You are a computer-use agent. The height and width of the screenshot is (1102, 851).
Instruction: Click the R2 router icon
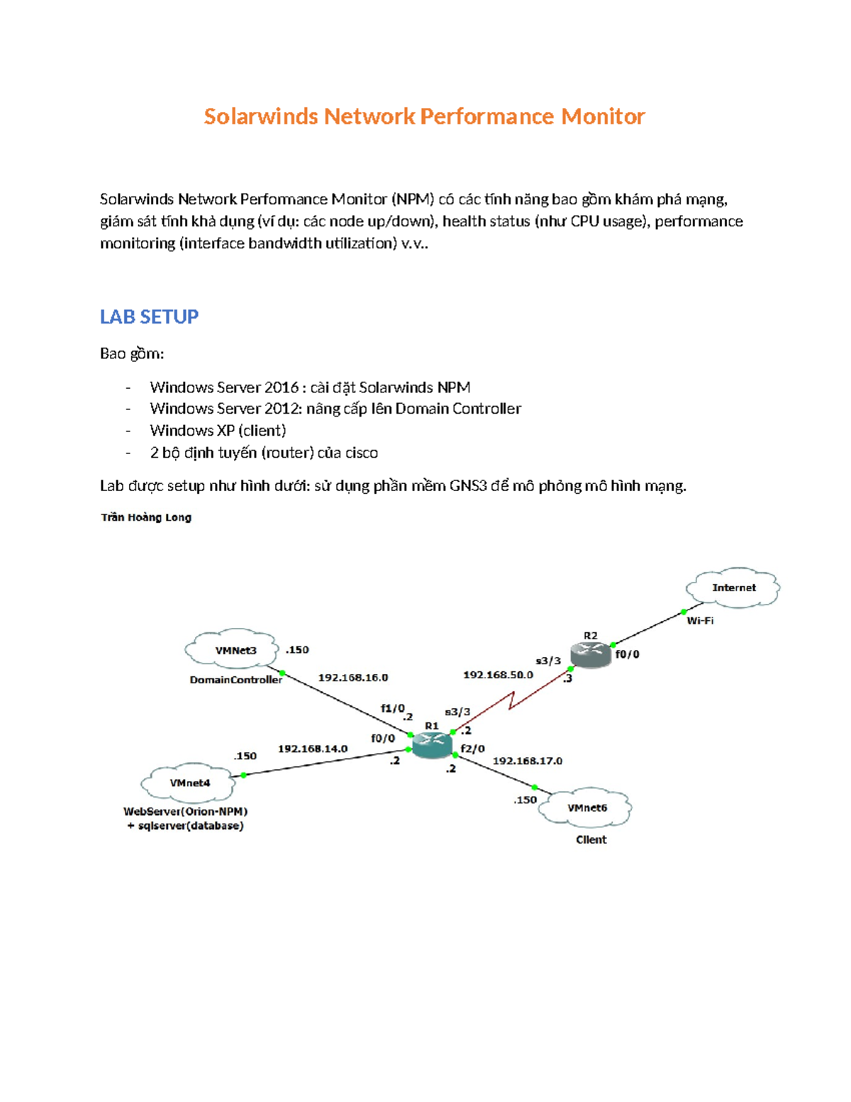coord(591,654)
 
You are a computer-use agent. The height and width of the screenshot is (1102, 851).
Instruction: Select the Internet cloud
coord(733,588)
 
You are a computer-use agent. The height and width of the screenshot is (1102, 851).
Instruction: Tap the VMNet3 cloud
coord(232,649)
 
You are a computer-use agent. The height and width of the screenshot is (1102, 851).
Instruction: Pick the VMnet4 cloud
coord(189,783)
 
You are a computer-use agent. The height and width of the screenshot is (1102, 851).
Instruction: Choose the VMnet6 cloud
coord(586,808)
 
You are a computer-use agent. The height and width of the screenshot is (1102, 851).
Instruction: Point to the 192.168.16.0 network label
coord(352,678)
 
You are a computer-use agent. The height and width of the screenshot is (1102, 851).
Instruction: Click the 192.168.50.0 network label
coord(498,675)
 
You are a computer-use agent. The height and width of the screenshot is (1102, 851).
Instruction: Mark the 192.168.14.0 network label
coord(313,749)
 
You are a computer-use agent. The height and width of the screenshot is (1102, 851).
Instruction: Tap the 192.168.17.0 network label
coord(528,761)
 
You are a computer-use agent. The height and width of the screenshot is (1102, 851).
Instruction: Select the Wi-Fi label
coord(700,621)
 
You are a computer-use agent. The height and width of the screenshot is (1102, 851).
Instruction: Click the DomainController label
coord(235,680)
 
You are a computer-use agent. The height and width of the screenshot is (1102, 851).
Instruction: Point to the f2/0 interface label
coord(473,749)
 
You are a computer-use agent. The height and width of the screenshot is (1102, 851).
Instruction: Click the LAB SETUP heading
coord(149,316)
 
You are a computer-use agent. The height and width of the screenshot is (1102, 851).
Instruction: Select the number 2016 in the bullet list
coord(282,387)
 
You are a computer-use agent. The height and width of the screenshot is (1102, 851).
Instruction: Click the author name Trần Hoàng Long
coord(146,517)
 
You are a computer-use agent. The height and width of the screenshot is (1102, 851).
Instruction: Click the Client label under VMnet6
coord(591,839)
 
